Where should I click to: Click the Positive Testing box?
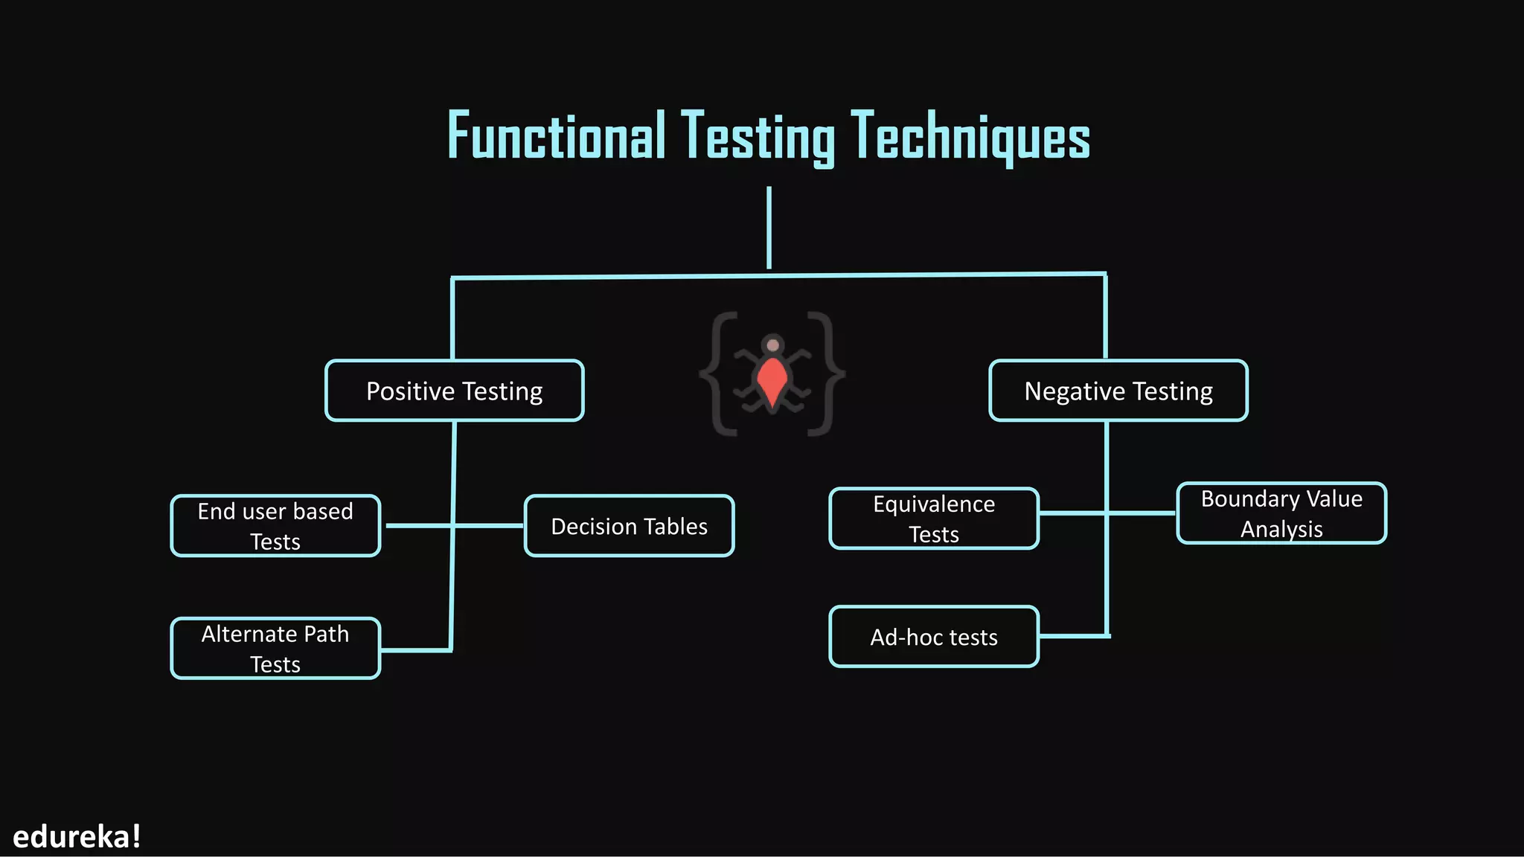click(454, 391)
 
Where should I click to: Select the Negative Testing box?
click(1118, 391)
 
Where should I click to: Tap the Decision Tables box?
click(629, 526)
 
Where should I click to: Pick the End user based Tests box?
click(275, 526)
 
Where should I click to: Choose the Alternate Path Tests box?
click(275, 648)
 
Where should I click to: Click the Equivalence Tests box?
click(934, 519)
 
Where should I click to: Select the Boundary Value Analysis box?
click(1281, 513)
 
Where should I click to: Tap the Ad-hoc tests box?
click(934, 637)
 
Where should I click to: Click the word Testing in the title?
click(758, 138)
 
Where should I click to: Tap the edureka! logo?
click(77, 837)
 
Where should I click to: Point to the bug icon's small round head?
click(773, 345)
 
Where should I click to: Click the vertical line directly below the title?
click(769, 227)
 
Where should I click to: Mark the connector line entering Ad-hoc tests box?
click(1073, 636)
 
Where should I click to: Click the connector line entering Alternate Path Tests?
click(415, 650)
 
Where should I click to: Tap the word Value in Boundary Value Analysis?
click(1334, 498)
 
